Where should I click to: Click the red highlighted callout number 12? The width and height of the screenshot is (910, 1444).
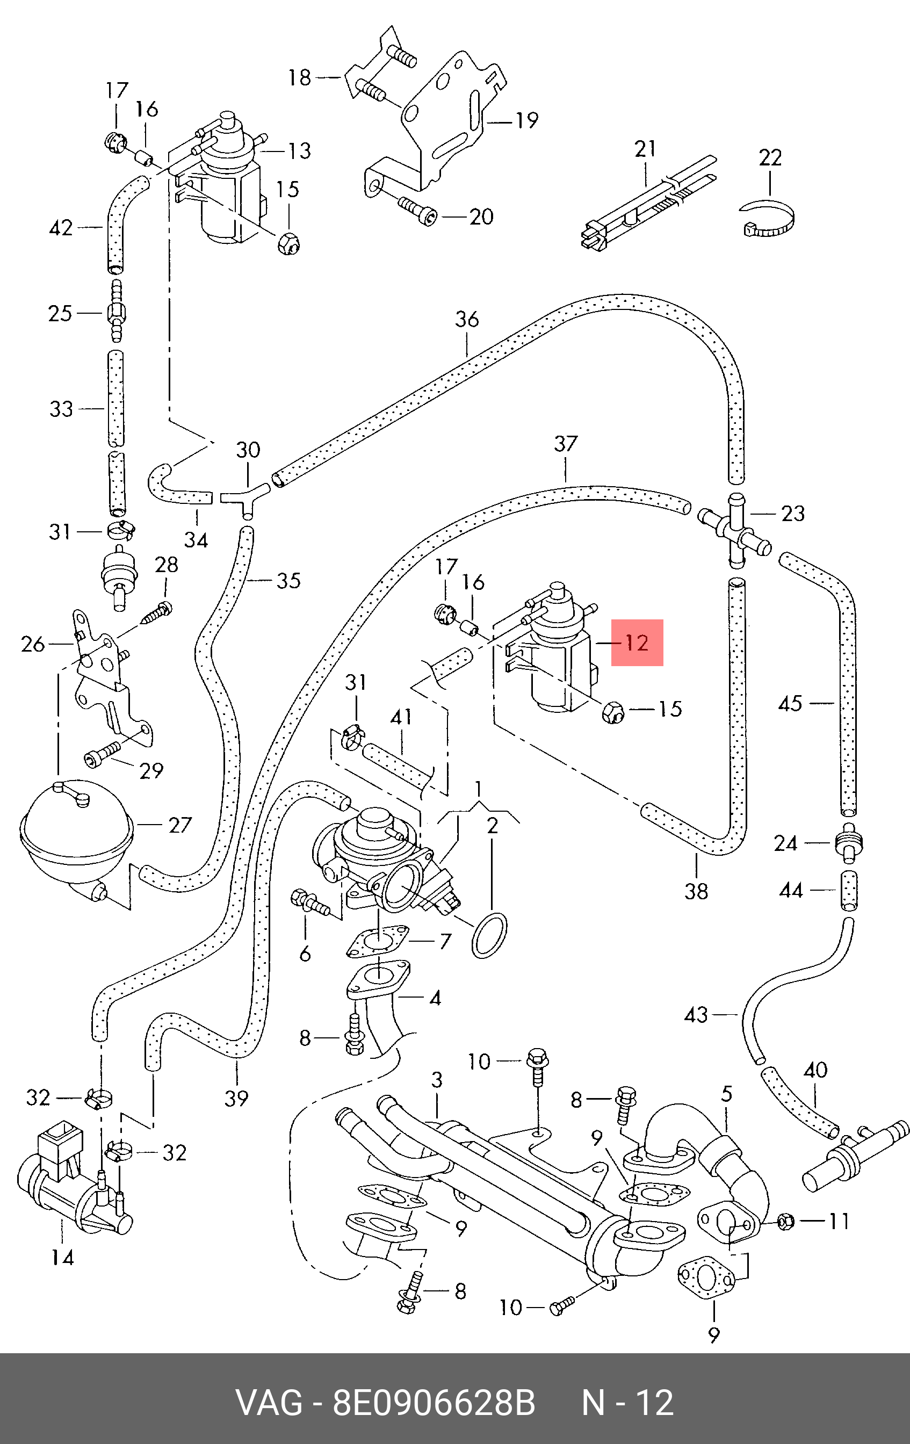coord(637,643)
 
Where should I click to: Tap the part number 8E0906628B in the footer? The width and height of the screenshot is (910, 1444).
coord(434,1403)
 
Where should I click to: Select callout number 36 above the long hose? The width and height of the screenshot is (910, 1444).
coord(467,319)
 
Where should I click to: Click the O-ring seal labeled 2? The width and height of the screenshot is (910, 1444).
coord(490,935)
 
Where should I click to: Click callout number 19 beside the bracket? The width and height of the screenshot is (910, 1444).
coord(527,120)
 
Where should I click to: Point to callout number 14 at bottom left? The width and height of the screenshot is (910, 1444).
coord(62,1257)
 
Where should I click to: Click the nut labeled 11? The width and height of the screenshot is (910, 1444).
coord(786,1220)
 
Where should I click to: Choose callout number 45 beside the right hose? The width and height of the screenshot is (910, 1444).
coord(790,703)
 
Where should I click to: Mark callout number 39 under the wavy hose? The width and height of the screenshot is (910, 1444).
coord(236,1098)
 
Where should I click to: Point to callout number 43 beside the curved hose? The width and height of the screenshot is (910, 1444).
coord(696,1015)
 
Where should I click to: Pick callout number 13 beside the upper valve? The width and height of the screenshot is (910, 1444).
coord(300,150)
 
